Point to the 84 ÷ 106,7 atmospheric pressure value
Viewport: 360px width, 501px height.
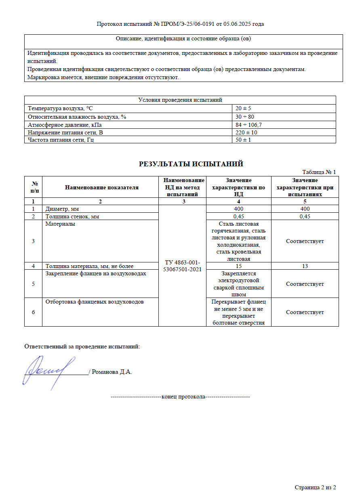pyautogui.click(x=248, y=125)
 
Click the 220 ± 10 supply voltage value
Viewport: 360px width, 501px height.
pyautogui.click(x=246, y=132)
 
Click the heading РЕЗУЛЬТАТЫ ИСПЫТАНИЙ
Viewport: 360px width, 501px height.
pyautogui.click(x=191, y=164)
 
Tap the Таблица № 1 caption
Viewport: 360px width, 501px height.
pyautogui.click(x=319, y=172)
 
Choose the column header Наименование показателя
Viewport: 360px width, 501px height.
pyautogui.click(x=101, y=187)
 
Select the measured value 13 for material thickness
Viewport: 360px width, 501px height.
pyautogui.click(x=305, y=266)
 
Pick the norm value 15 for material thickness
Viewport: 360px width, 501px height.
pyautogui.click(x=238, y=266)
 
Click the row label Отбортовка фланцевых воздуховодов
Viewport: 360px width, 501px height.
pyautogui.click(x=95, y=302)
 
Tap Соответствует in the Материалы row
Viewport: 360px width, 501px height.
pyautogui.click(x=305, y=241)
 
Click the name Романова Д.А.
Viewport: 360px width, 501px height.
pyautogui.click(x=112, y=372)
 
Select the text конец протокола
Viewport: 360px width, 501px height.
pyautogui.click(x=183, y=397)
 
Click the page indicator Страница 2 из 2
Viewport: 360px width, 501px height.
pyautogui.click(x=315, y=488)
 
